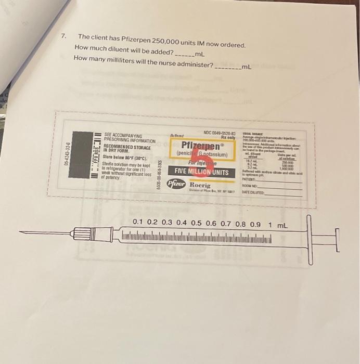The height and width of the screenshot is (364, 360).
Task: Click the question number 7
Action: point(63,37)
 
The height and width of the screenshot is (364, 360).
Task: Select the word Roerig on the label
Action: point(200,185)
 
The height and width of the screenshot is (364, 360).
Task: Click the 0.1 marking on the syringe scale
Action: point(138,223)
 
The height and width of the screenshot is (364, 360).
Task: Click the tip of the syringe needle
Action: point(21,232)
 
